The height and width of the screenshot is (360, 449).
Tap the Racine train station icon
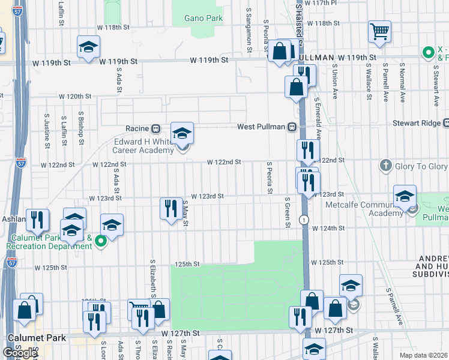(155, 128)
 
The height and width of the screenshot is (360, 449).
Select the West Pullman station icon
(292, 127)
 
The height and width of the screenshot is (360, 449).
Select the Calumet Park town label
(36, 338)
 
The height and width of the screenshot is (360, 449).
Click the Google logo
(20, 353)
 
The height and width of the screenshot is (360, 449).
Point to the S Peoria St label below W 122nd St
(270, 177)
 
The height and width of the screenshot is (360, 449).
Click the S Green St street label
(288, 212)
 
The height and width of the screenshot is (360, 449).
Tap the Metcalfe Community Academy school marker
(405, 196)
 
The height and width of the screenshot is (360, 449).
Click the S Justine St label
(46, 128)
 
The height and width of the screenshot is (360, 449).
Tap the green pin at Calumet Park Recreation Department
(101, 241)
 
